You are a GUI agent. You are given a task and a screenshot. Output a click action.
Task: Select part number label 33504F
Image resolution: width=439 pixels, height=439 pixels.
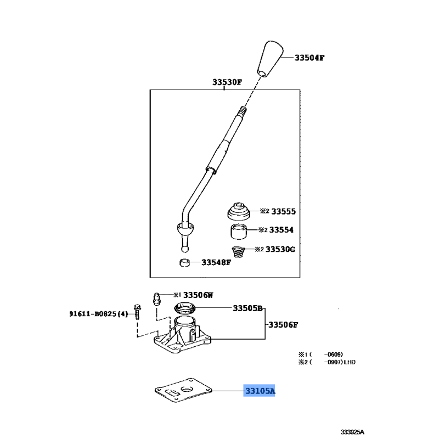click(x=309, y=58)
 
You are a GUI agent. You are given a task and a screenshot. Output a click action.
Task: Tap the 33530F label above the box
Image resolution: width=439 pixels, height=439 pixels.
click(x=227, y=83)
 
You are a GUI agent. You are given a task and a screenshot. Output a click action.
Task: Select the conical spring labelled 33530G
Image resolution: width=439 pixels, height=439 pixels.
click(x=237, y=253)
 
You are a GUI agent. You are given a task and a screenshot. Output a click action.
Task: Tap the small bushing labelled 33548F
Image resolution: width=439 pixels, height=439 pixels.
click(x=185, y=262)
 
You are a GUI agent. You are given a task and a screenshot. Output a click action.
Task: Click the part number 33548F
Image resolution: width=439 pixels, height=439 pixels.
click(x=216, y=262)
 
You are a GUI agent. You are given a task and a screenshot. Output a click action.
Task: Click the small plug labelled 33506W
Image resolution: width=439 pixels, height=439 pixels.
click(x=156, y=298)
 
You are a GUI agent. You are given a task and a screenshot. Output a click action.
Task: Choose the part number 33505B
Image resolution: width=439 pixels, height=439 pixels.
click(x=247, y=308)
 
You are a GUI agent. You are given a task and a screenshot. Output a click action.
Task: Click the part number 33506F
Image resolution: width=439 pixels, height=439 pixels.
click(x=283, y=325)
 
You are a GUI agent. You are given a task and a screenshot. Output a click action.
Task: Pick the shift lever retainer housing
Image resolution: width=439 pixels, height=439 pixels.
click(x=183, y=337)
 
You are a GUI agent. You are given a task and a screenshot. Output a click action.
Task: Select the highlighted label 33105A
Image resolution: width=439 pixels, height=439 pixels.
click(x=260, y=391)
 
